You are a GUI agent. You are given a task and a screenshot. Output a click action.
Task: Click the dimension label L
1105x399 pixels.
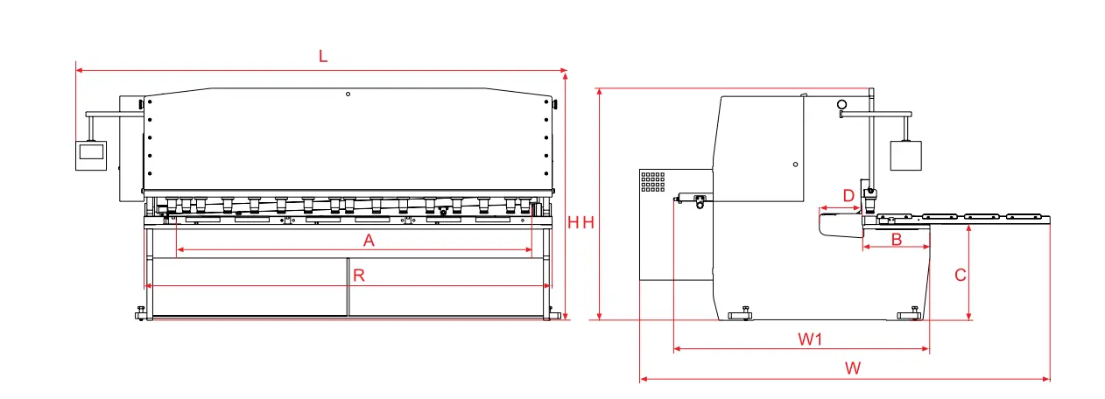coord(323,57)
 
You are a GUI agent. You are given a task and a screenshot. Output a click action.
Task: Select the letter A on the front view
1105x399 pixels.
coord(369,241)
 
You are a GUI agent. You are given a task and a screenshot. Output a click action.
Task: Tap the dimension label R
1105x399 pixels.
coord(358,276)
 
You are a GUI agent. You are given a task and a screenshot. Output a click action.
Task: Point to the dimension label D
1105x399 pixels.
coord(848,194)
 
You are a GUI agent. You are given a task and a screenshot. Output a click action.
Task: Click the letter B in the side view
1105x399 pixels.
coord(896,239)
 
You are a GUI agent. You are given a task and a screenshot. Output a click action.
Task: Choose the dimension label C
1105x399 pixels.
coord(960,275)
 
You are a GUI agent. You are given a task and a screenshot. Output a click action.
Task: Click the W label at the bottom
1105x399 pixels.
coord(853,368)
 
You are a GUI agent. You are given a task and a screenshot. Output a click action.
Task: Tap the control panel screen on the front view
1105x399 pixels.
coord(90,151)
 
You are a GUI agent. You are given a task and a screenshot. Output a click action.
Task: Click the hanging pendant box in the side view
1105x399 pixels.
coord(907,155)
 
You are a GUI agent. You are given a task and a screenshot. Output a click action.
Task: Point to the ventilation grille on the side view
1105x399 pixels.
coord(653,182)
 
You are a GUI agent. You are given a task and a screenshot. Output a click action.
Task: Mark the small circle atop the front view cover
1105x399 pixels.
coord(348,94)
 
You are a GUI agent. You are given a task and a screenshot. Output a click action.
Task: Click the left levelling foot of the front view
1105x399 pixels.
coord(141,313)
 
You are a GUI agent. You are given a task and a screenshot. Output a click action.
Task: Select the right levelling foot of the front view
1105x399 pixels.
coord(553,313)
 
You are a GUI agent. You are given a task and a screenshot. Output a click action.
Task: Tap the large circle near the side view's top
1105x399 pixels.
coord(842,105)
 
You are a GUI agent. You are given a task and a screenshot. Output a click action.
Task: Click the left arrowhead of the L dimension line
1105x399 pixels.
coord(79,69)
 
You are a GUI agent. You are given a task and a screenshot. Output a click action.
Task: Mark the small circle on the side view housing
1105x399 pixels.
coord(795,164)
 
